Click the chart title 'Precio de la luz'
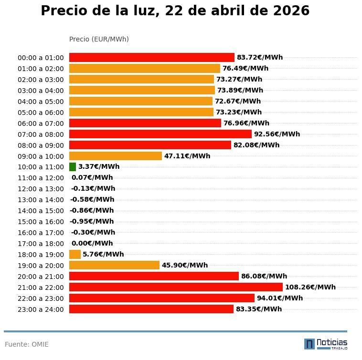click(x=175, y=11)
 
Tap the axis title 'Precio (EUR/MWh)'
click(x=99, y=39)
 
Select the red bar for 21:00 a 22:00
click(x=176, y=287)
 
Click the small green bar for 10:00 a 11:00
click(x=73, y=167)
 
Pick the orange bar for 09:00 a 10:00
click(x=116, y=156)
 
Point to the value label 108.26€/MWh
click(x=310, y=287)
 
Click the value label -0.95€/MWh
click(x=92, y=221)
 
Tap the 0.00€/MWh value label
click(x=92, y=243)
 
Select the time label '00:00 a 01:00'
click(x=41, y=58)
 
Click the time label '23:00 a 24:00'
click(x=41, y=309)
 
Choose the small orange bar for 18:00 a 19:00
click(x=75, y=254)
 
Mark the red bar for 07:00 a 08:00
click(x=160, y=134)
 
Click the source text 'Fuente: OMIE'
click(x=27, y=344)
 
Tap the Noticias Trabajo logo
click(x=326, y=344)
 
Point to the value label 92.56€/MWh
click(x=277, y=134)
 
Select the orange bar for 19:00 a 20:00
click(x=114, y=265)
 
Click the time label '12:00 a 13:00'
click(x=41, y=189)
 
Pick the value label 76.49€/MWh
click(x=245, y=69)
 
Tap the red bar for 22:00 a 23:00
click(x=162, y=298)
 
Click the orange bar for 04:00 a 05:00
click(x=141, y=101)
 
